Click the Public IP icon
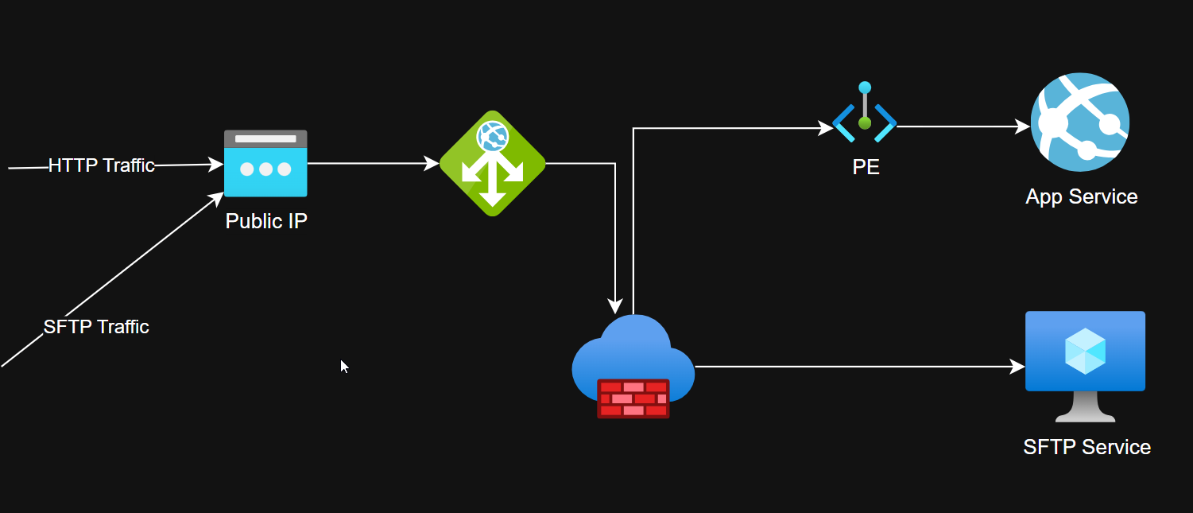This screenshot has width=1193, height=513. click(265, 164)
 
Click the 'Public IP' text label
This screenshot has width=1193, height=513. click(266, 221)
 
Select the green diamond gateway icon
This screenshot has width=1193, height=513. click(493, 163)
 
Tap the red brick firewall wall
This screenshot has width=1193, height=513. click(633, 398)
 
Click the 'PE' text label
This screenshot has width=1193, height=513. click(866, 168)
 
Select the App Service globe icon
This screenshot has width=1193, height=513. click(1080, 122)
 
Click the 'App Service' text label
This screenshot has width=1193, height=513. click(1081, 196)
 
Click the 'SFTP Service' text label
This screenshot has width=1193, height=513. click(1086, 447)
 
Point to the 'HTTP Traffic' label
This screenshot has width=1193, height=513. click(101, 165)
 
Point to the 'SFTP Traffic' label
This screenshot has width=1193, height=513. click(96, 327)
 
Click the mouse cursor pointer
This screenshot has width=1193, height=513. click(343, 366)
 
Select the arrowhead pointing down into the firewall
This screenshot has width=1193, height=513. click(615, 306)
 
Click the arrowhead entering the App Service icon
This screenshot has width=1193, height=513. click(1023, 126)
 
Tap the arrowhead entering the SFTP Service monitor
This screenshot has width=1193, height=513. click(1017, 367)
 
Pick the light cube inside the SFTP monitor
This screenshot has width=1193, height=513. click(1085, 351)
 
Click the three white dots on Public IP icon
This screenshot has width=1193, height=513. click(265, 169)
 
